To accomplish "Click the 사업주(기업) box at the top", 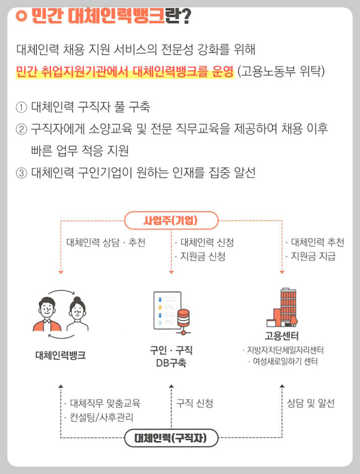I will click(170, 221).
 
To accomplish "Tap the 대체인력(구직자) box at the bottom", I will click(170, 437).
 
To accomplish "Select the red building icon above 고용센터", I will click(282, 308).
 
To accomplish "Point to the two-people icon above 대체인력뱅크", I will click(61, 312).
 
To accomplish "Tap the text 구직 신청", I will click(194, 404).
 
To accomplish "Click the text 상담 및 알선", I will click(310, 404).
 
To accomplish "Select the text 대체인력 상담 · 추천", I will click(106, 243).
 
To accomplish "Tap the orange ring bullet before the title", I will click(21, 17).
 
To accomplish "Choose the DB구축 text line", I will click(170, 364).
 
